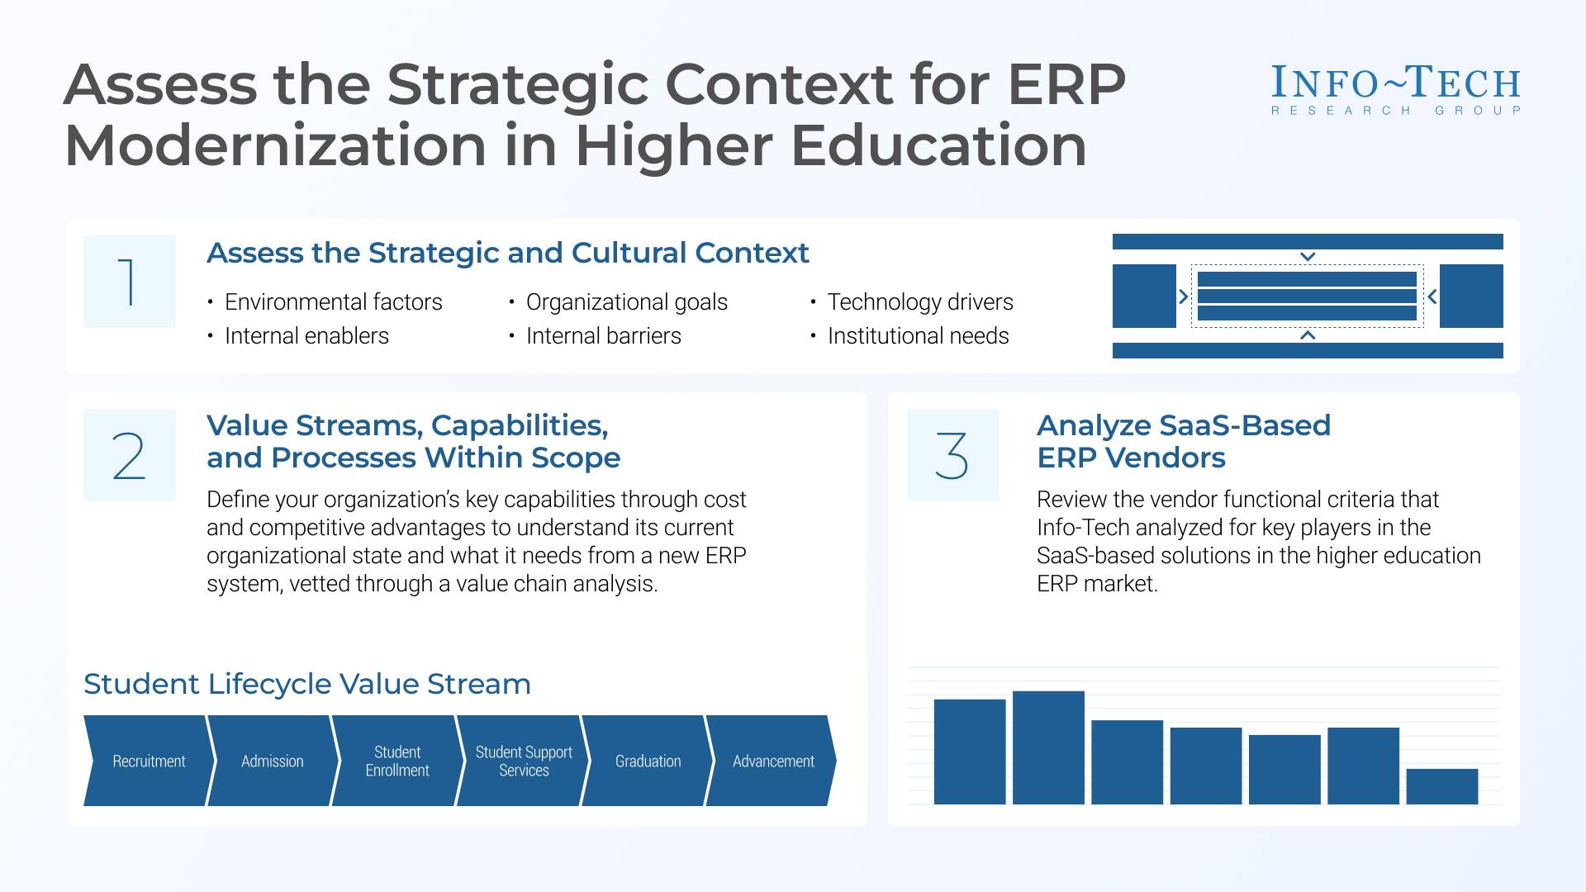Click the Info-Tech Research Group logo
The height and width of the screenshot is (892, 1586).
(x=1395, y=89)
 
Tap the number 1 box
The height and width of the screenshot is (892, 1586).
(x=130, y=282)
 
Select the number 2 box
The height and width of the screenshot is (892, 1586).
(x=130, y=455)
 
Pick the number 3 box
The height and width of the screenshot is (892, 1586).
(x=952, y=455)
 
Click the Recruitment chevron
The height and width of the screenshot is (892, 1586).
(x=149, y=761)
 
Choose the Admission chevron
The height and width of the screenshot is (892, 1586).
(x=273, y=761)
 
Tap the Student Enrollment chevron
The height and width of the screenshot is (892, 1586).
(x=397, y=761)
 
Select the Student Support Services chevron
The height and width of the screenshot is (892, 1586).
(x=523, y=761)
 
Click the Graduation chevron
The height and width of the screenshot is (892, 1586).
(x=648, y=761)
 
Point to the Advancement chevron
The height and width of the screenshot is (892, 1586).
(x=773, y=761)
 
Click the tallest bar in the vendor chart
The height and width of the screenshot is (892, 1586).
(x=1048, y=747)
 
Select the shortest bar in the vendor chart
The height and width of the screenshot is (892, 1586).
(x=1441, y=786)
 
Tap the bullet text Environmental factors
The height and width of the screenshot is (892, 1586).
(x=333, y=302)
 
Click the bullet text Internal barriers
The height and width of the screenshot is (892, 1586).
(x=603, y=336)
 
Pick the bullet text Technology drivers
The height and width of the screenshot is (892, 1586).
(x=919, y=302)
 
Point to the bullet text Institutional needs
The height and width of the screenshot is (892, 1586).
(x=918, y=336)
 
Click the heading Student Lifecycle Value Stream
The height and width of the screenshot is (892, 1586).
(x=307, y=684)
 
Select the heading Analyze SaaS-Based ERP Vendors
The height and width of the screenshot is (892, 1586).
(x=1183, y=441)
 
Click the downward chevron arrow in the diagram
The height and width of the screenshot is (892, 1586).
(x=1308, y=257)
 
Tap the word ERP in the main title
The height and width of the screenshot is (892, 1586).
(x=1066, y=85)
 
